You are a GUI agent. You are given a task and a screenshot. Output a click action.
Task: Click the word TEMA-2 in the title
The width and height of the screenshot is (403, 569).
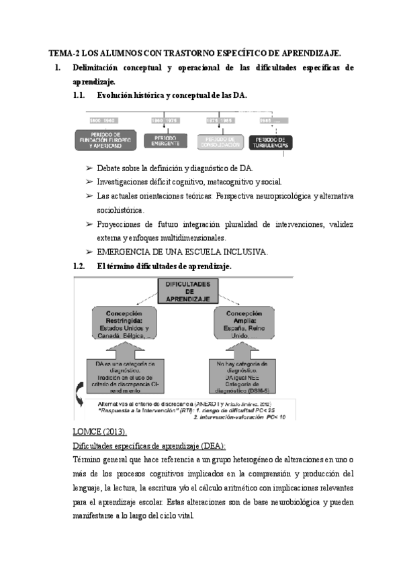pos(64,52)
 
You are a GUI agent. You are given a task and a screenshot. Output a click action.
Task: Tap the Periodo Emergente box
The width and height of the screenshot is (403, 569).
pos(164,140)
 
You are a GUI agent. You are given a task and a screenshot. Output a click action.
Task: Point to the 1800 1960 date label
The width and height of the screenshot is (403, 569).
pos(103,120)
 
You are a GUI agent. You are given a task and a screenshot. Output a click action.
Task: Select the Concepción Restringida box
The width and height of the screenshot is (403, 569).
pos(128,324)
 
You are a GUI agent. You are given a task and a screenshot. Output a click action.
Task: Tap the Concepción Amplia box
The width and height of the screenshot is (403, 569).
pos(243,324)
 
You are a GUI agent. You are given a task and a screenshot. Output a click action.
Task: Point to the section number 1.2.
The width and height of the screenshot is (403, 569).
pos(80,266)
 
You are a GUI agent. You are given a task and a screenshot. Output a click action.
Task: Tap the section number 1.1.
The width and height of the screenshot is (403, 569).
pos(80,95)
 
